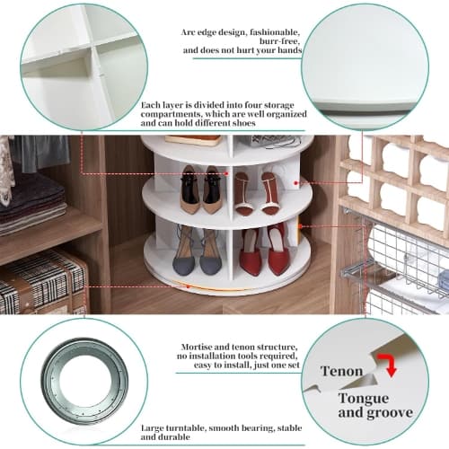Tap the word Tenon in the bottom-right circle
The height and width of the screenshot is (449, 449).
(341, 371)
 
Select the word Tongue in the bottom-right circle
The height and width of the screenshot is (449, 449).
(364, 399)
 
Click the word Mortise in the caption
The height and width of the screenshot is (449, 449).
(197, 348)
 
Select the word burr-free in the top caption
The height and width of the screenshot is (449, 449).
(279, 41)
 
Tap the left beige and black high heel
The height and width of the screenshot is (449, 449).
(189, 189)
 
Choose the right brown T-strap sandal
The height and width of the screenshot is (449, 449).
(271, 193)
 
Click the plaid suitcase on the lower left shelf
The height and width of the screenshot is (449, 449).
(42, 282)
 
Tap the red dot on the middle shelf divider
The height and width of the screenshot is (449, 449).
(227, 173)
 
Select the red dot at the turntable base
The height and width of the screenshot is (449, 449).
(189, 286)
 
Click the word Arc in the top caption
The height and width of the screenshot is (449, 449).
(189, 32)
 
